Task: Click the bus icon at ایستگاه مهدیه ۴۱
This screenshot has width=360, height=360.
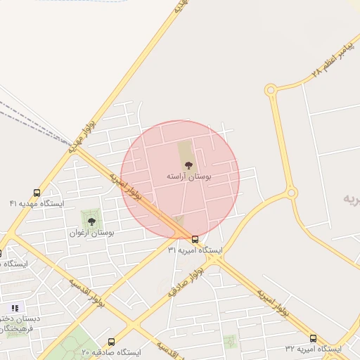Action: tap(37, 193)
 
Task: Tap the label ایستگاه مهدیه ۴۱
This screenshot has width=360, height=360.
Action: tap(37, 203)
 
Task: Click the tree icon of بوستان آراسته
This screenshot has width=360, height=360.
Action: tap(188, 165)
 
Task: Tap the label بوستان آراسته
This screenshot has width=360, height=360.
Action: tap(188, 175)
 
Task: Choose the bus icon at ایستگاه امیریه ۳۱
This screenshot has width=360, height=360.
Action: tap(195, 239)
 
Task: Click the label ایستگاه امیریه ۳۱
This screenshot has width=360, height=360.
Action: tap(195, 250)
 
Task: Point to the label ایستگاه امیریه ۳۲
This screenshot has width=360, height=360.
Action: tap(313, 349)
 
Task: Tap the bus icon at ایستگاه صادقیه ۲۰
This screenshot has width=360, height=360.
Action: tap(111, 342)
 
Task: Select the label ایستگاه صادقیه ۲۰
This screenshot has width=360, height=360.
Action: tap(111, 352)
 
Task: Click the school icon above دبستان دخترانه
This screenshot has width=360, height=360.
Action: tap(15, 308)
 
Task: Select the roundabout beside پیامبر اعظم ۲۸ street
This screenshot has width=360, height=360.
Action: tap(271, 90)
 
